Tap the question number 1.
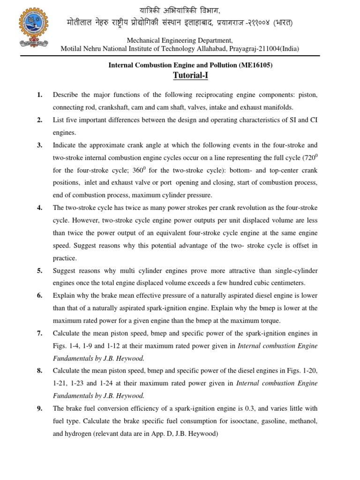[x=40, y=95]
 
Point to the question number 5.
[x=40, y=271]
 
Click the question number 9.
[x=40, y=409]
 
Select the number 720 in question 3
[x=309, y=158]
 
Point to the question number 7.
[x=40, y=333]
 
